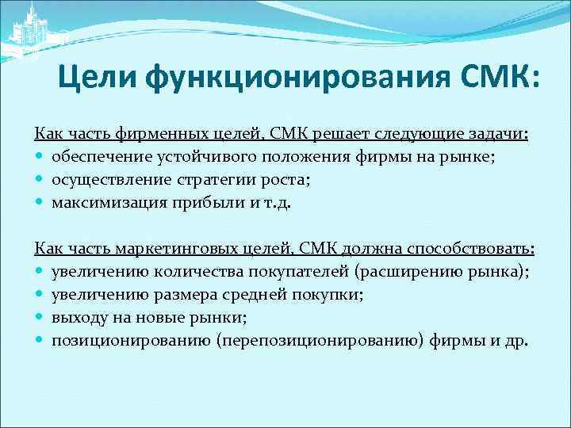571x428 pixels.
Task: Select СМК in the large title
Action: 496,78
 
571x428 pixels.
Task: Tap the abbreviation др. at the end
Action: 515,341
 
